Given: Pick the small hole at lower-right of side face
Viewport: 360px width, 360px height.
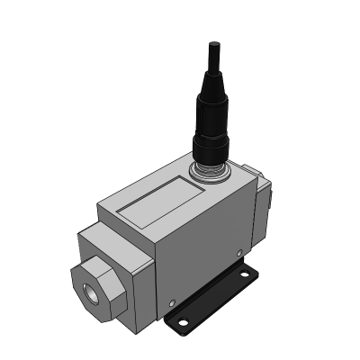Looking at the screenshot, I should click(238, 253).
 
